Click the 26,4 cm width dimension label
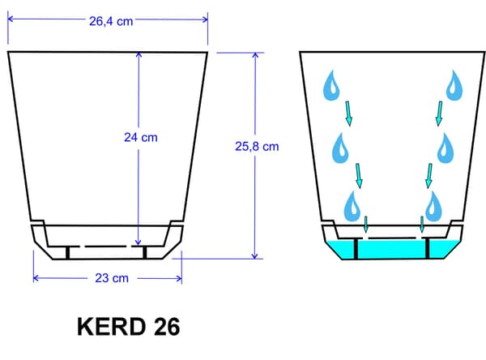111,21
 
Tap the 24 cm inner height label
141,138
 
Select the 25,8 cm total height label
257,147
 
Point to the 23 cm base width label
112,278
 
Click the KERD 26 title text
128,327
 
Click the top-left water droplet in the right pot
331,85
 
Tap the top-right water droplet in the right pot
454,85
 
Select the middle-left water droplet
340,148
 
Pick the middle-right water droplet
446,148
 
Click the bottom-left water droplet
352,207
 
